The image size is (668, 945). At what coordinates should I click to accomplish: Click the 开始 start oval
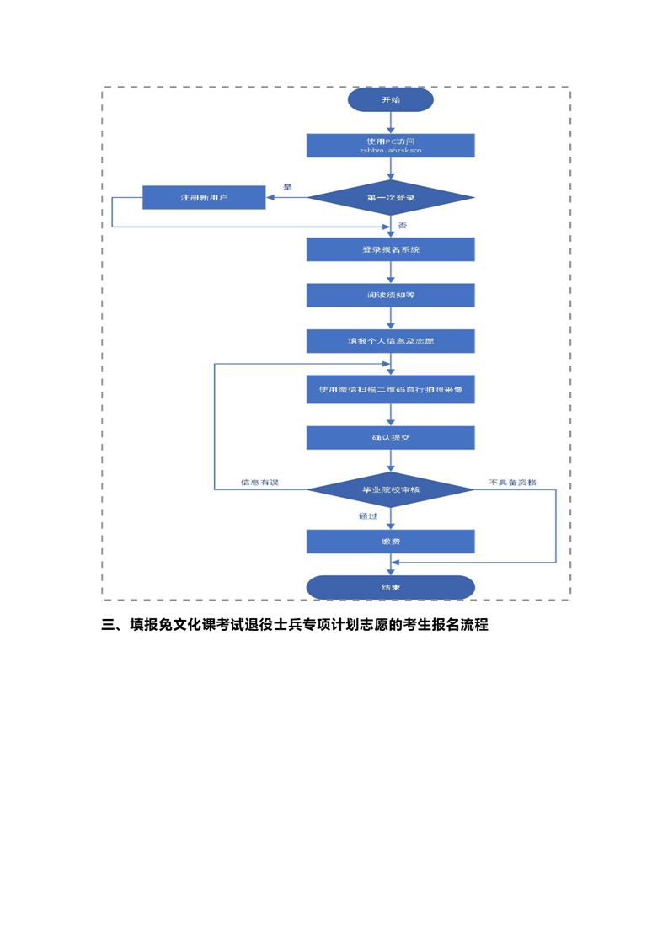[x=390, y=99]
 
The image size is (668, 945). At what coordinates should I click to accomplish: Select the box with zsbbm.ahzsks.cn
[x=390, y=145]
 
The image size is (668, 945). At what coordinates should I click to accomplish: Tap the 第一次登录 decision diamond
[x=390, y=197]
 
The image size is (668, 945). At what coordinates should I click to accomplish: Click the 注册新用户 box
[x=204, y=197]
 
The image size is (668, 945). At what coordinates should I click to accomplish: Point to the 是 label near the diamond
[x=287, y=187]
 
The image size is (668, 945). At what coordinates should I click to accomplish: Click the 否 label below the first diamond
[x=402, y=226]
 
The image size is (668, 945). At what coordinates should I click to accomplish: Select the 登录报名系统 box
[x=390, y=249]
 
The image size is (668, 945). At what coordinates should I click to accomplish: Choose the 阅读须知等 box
[x=390, y=296]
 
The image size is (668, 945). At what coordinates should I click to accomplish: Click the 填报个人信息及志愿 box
[x=390, y=341]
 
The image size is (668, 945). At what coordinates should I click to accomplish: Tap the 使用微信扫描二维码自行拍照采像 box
[x=390, y=389]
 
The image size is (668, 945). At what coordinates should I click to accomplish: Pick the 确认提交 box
[x=390, y=437]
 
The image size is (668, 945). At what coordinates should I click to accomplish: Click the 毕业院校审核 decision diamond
[x=390, y=489]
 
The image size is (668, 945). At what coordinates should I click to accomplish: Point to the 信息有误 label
[x=259, y=483]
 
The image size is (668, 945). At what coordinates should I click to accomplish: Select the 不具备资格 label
[x=512, y=483]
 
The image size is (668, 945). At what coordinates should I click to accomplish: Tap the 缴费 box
[x=390, y=541]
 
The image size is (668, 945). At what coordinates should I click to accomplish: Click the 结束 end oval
[x=390, y=587]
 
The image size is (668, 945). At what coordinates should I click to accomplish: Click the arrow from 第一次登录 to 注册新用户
[x=286, y=197]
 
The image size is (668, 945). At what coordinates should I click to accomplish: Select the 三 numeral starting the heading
[x=108, y=626]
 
